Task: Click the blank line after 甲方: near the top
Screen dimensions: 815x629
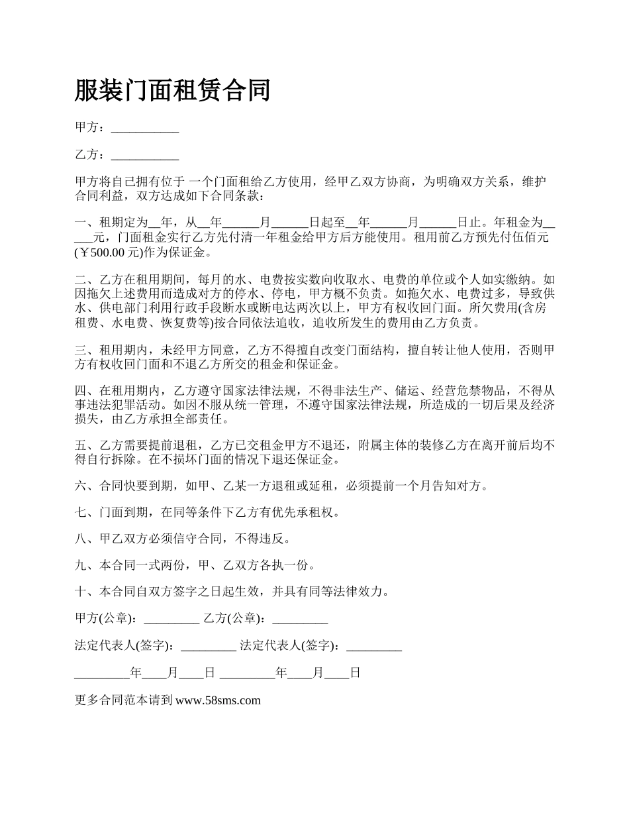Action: tap(145, 129)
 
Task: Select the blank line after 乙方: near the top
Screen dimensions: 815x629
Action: tap(145, 155)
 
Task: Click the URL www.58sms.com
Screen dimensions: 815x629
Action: tap(218, 700)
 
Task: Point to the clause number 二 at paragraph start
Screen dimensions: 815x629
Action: tap(81, 280)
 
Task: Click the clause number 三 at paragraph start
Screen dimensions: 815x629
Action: tap(81, 350)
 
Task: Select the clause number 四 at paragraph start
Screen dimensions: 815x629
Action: tap(81, 391)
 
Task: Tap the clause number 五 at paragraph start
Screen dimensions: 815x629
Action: tap(81, 445)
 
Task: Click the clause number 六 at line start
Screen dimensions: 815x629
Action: tap(81, 486)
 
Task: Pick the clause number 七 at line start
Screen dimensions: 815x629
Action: tap(81, 513)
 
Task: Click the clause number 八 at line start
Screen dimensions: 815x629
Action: tap(81, 539)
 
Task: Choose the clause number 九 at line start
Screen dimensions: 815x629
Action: tap(81, 565)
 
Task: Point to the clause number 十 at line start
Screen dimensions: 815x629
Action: tap(81, 592)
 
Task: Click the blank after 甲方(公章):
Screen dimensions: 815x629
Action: tap(171, 619)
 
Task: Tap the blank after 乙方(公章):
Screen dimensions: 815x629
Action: tap(300, 619)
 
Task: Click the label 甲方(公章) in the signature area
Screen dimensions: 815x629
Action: tap(105, 619)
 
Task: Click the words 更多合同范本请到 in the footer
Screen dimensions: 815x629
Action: tap(124, 700)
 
